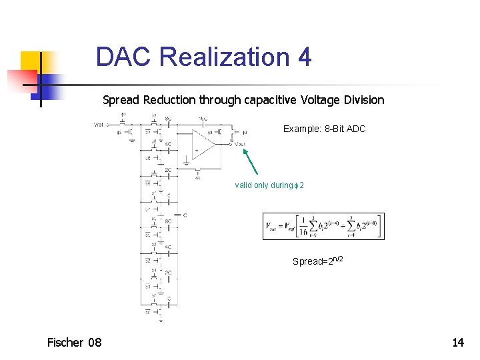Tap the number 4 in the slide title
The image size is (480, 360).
pyautogui.click(x=304, y=57)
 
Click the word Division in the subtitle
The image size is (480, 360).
pyautogui.click(x=361, y=100)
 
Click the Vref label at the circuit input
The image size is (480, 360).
pyautogui.click(x=99, y=124)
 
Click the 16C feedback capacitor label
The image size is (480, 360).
pyautogui.click(x=203, y=118)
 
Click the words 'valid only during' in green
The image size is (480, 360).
pyautogui.click(x=263, y=185)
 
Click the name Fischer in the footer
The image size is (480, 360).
pyautogui.click(x=65, y=343)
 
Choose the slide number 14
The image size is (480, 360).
pyautogui.click(x=458, y=343)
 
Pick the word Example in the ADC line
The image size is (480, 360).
pyautogui.click(x=301, y=129)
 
